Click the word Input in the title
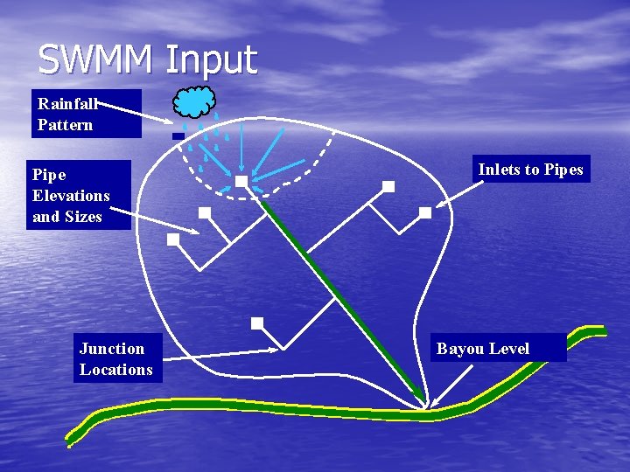[x=211, y=60]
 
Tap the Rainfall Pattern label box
[x=86, y=114]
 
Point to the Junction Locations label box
[x=116, y=359]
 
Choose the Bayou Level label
[x=499, y=348]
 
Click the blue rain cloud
[x=194, y=102]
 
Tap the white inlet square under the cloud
[x=241, y=181]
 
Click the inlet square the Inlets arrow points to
[x=425, y=212]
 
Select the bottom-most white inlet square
[x=256, y=323]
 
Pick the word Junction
[x=112, y=349]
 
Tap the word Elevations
[x=71, y=195]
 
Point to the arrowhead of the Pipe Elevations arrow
[x=197, y=233]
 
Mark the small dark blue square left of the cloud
[x=178, y=136]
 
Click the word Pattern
[x=65, y=124]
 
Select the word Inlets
[x=499, y=170]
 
